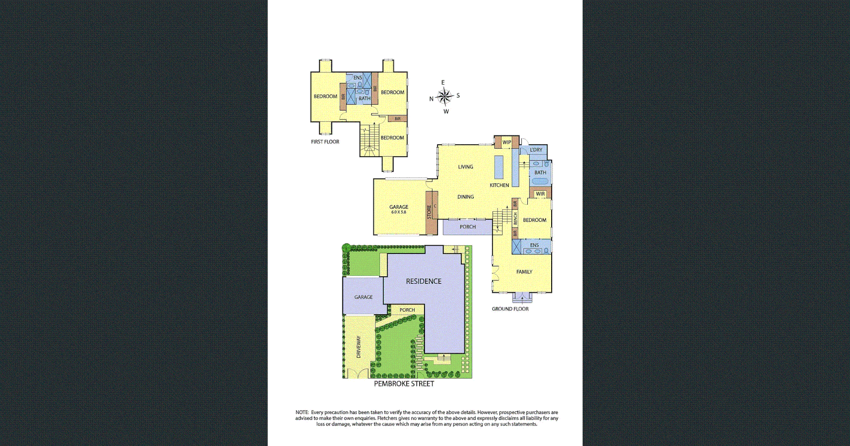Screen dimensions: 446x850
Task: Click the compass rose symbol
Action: tap(444, 96)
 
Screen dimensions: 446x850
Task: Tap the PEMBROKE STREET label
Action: tap(404, 384)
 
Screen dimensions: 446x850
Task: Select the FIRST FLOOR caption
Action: tap(325, 142)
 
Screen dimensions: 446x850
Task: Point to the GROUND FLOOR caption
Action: tap(510, 309)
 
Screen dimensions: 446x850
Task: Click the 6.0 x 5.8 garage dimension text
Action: tap(398, 212)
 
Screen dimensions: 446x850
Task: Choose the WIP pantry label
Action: tap(506, 142)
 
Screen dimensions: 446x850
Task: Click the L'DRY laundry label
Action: tap(536, 150)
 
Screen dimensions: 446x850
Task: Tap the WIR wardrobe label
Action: tap(540, 194)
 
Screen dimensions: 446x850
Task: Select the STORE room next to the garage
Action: tap(429, 212)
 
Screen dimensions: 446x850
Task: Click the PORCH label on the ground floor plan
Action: tap(467, 227)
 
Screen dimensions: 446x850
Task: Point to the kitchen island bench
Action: tap(499, 167)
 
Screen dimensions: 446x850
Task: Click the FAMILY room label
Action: tap(524, 272)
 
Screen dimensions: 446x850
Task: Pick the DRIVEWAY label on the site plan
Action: tap(359, 347)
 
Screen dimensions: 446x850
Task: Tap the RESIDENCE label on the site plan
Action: tap(424, 282)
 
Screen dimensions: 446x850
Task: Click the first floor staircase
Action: tap(369, 139)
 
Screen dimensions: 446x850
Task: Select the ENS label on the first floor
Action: tap(358, 78)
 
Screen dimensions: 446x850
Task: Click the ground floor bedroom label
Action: tap(534, 220)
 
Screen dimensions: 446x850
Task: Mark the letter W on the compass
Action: tap(446, 112)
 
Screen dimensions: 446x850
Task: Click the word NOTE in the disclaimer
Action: tap(302, 412)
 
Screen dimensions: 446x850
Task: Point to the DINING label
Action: tap(465, 197)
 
